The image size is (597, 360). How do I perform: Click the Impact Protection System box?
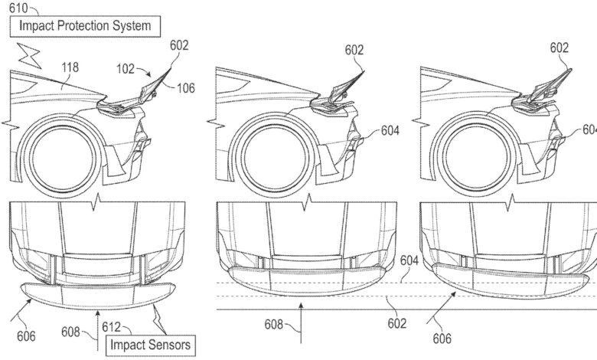pos(85,26)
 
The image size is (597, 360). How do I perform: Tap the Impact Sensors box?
pos(150,345)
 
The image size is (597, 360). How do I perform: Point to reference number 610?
pos(18,8)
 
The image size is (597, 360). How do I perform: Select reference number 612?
pos(111,327)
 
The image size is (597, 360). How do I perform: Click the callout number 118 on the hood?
pos(70,67)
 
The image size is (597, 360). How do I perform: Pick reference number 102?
pos(126,69)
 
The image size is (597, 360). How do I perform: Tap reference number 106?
pos(186,88)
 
